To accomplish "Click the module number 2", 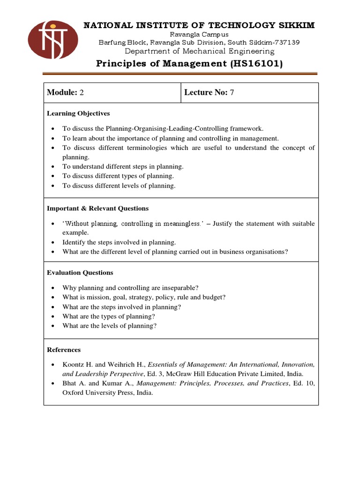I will [x=82, y=93].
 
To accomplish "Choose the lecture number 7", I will [x=232, y=93].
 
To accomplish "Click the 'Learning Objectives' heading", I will [x=78, y=113].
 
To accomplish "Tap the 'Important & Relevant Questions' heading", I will [x=98, y=209].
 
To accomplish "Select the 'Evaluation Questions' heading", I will [x=80, y=273].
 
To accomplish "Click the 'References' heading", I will [x=64, y=350].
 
